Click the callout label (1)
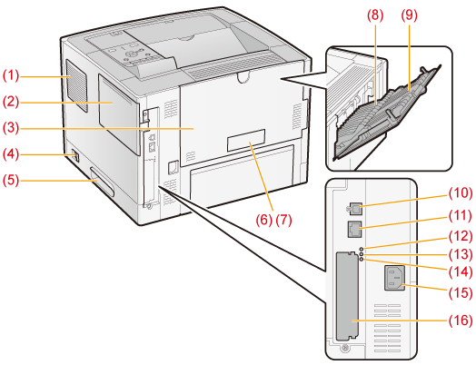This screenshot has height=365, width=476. point(11,75)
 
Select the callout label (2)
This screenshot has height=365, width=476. point(11,102)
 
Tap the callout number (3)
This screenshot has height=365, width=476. point(11,128)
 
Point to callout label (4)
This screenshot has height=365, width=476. point(11,154)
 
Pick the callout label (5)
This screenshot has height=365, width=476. point(11,180)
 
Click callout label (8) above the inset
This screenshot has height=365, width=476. point(375,15)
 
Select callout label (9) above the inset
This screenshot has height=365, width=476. point(409,15)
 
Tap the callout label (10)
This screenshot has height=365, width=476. point(461,192)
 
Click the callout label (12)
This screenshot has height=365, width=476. point(461,236)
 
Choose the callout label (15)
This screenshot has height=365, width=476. point(461,292)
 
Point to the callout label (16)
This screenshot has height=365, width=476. point(461,321)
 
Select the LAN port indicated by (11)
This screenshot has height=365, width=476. point(354,230)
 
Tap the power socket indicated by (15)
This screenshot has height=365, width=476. point(394,278)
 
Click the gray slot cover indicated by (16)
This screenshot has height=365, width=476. point(348,296)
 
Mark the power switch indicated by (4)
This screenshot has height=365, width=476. point(76,155)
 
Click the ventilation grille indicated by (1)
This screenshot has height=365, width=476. point(76,86)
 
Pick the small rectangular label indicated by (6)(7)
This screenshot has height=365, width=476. point(246,140)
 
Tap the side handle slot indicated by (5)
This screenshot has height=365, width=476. point(102,181)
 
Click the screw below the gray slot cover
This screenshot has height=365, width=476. point(344,348)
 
